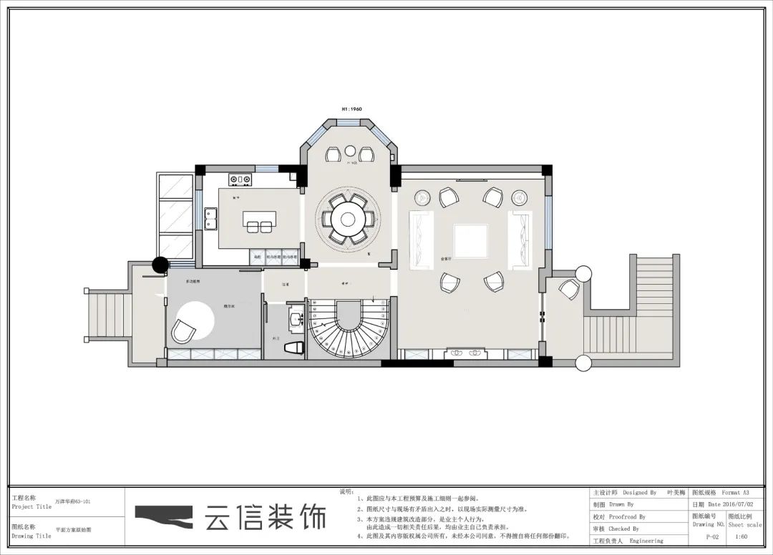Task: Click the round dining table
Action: [348, 217]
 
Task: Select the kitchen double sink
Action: [211, 217]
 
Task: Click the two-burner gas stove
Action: [240, 179]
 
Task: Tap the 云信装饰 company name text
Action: [265, 516]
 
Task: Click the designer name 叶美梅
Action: [676, 493]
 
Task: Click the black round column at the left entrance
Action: [160, 265]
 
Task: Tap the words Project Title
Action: [31, 506]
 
